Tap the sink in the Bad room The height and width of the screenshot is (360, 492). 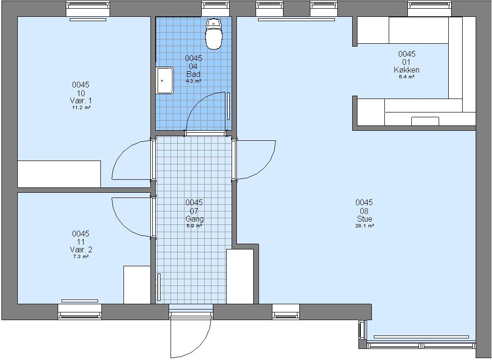tap(165, 80)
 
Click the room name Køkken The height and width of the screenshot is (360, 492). tap(406, 70)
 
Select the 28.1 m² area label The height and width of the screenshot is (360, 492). tap(364, 226)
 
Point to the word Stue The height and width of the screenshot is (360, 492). tap(364, 219)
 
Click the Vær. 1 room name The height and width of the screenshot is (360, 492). tap(81, 101)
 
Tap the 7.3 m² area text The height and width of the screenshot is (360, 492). tap(81, 257)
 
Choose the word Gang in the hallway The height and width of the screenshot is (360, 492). tap(194, 219)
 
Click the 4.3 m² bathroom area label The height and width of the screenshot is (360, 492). tap(193, 81)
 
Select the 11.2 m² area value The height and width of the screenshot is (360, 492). tap(81, 108)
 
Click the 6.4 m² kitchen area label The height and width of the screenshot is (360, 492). tap(406, 76)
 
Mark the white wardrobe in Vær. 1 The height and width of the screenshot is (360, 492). tap(59, 174)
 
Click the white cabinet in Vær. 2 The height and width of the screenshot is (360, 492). tap(137, 285)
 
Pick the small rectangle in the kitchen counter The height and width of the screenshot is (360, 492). tap(425, 121)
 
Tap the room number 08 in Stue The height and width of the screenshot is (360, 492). tap(364, 211)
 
